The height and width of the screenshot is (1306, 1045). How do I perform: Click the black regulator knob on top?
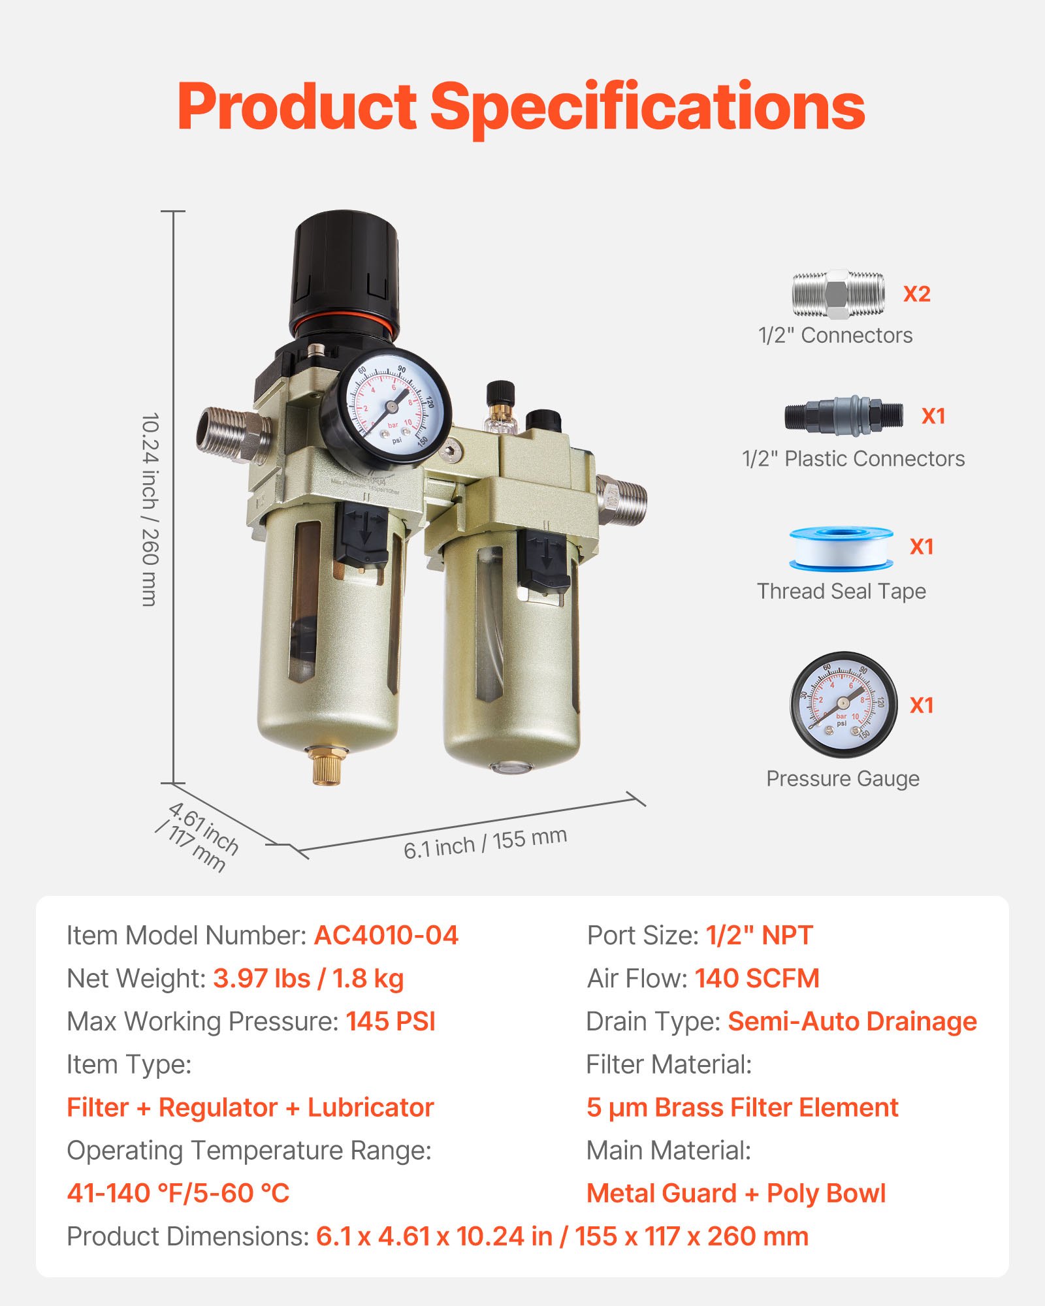(344, 271)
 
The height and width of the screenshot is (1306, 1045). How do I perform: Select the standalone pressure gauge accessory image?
(843, 704)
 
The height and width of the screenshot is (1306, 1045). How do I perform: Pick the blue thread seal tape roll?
(841, 549)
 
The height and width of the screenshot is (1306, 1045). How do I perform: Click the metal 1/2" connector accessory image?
(839, 294)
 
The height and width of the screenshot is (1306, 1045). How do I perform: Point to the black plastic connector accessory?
(844, 415)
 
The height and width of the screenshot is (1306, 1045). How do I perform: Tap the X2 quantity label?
(916, 295)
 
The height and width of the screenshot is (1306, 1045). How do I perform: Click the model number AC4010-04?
(386, 935)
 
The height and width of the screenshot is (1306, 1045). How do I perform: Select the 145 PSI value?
(391, 1021)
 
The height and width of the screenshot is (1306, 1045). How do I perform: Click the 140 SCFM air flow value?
(756, 978)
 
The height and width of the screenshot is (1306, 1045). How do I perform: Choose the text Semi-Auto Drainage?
(852, 1021)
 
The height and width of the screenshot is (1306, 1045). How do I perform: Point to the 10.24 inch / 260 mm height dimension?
(150, 509)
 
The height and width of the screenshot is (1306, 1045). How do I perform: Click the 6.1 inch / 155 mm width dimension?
(485, 842)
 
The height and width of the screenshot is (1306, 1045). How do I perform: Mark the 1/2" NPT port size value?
(759, 935)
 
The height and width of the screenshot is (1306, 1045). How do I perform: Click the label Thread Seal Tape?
(841, 591)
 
